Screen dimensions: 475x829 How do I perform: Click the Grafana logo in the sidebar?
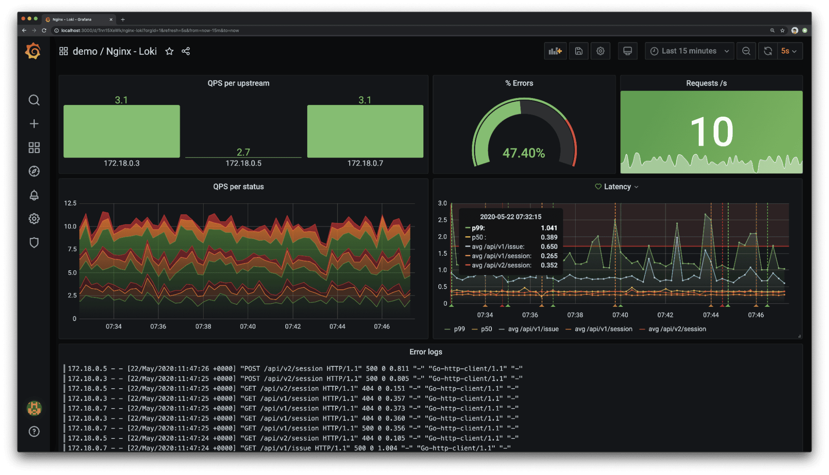[x=33, y=51]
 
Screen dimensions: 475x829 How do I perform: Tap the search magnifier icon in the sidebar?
[x=34, y=100]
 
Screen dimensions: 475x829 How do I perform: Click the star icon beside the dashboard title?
[x=169, y=51]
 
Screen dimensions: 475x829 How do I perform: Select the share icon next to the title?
[x=186, y=51]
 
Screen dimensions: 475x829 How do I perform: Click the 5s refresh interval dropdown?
[x=789, y=51]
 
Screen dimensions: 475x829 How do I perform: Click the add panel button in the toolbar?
[x=555, y=51]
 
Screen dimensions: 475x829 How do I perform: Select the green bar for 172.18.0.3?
[x=122, y=131]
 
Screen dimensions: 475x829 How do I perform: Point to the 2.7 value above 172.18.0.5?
[x=243, y=152]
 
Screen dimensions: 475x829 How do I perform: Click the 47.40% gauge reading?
[x=524, y=153]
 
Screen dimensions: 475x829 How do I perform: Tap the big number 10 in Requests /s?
[x=712, y=132]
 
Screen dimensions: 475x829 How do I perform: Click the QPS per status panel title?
[x=238, y=187]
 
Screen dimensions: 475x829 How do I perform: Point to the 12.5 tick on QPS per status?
[x=70, y=203]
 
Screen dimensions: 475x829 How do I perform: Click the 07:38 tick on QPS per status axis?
[x=203, y=326]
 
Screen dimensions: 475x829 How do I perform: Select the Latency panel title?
[x=617, y=187]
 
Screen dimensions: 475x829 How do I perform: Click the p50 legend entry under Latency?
[x=486, y=329]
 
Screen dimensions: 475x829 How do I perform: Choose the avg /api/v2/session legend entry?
[x=677, y=329]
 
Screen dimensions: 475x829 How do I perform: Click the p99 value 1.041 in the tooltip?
[x=549, y=228]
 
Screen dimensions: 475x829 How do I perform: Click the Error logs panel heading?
[x=426, y=352]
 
